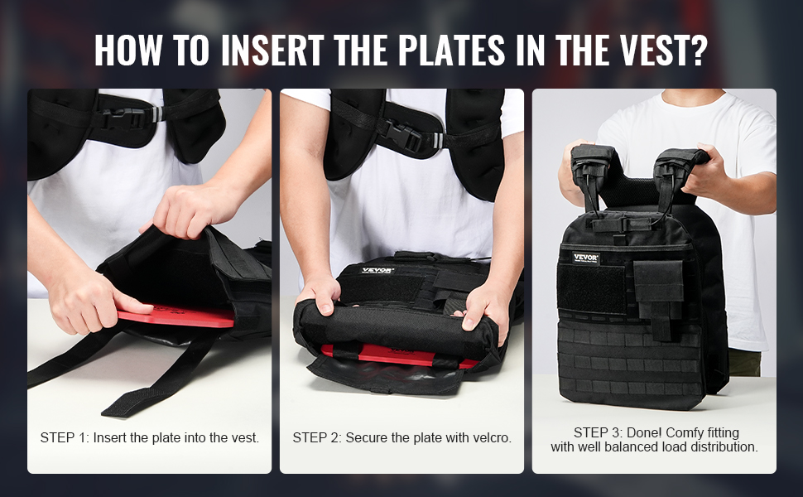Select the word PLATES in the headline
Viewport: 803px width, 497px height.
(452, 51)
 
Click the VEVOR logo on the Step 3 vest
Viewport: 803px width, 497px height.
(585, 258)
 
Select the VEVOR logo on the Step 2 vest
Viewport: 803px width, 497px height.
(377, 270)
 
